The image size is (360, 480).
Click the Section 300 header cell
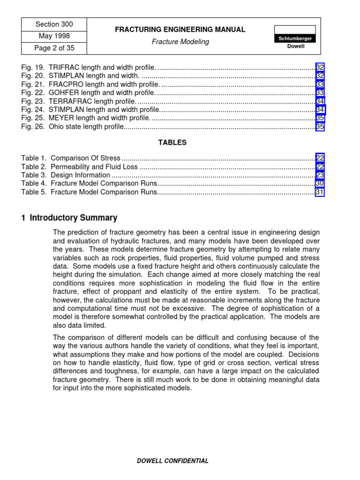coord(54,24)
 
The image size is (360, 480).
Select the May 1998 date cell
coord(54,36)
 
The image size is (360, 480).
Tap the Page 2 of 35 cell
coord(54,48)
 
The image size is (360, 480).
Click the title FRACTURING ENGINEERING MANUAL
coord(180,30)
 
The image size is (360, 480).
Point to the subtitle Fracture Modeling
coord(180,42)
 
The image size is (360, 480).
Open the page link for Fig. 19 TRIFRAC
coord(320,67)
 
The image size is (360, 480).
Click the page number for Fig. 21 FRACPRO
coord(320,84)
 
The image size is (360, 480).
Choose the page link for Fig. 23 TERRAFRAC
coord(320,101)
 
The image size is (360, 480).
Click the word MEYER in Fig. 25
coord(60,118)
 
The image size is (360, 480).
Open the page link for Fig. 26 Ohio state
coord(320,127)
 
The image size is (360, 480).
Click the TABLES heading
coord(172,142)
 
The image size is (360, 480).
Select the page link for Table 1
coord(320,158)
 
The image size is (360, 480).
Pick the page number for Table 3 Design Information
coord(320,175)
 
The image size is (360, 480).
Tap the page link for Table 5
coord(320,192)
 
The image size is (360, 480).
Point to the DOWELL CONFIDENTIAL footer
coord(172,461)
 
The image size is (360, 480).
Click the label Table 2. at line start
coord(34,166)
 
